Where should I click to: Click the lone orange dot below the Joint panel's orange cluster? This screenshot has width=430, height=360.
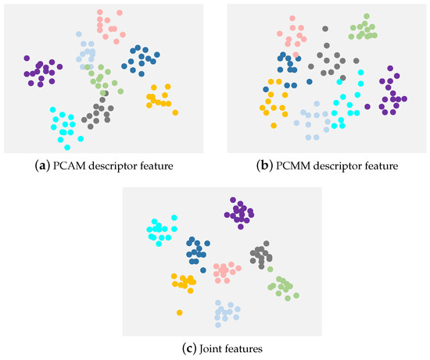[x=179, y=312]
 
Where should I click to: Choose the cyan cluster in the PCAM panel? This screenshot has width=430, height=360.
[x=64, y=126]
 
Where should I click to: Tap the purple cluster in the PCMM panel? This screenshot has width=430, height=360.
[x=392, y=95]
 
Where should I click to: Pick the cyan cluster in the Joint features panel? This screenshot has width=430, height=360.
[x=162, y=230]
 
